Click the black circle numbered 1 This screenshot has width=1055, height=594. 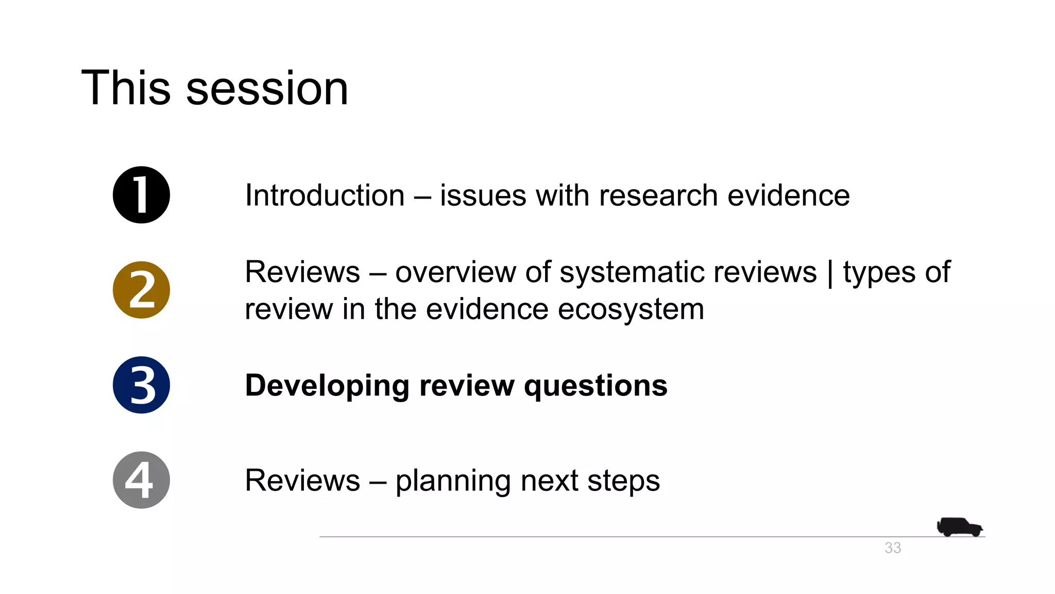141,195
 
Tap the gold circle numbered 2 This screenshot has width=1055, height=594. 141,290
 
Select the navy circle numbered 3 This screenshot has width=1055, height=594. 141,385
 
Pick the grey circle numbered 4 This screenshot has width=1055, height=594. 141,480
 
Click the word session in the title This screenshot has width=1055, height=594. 267,89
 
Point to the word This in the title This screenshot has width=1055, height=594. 126,89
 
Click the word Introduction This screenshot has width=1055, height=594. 325,196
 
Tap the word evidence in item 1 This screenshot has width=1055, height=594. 788,196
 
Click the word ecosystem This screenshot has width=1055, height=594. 631,309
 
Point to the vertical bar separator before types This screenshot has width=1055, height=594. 829,273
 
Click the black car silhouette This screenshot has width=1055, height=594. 959,527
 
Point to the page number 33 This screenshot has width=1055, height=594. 893,548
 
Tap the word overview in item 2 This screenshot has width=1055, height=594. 455,272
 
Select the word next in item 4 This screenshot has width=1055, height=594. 549,481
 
